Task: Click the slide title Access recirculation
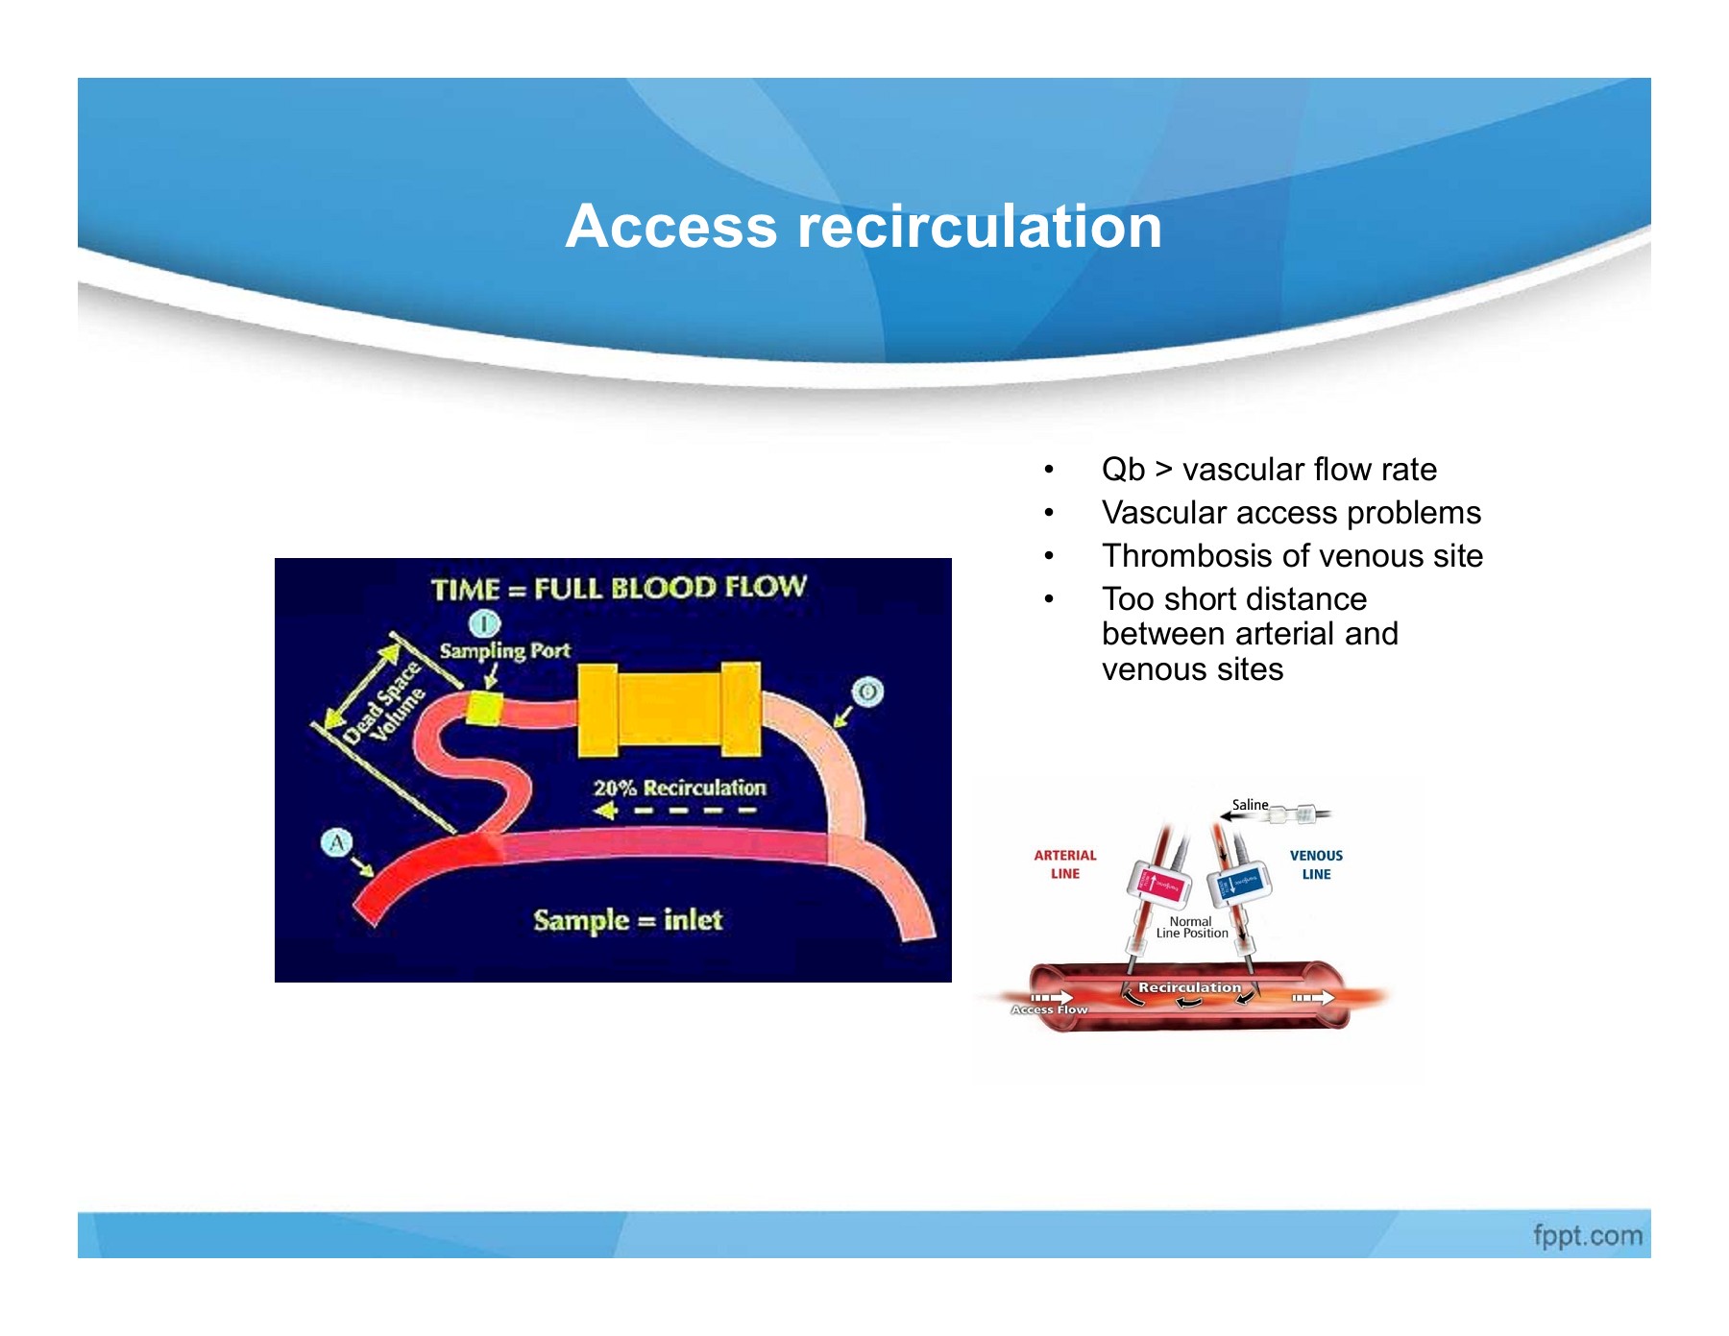coord(864,227)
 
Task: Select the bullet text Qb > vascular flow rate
coord(1268,469)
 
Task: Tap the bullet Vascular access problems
coord(1290,512)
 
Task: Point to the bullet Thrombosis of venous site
coord(1292,555)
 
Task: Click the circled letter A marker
coord(336,843)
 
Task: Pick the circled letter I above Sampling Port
coord(484,623)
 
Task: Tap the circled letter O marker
coord(866,692)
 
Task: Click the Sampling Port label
coord(504,650)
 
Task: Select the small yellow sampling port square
coord(484,709)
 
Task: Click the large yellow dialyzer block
coord(669,710)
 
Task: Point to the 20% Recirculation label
coord(679,789)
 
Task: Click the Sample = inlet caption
coord(627,920)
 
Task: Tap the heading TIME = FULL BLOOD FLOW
coord(618,588)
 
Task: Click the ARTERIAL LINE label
coord(1064,864)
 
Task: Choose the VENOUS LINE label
coord(1316,864)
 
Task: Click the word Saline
coord(1250,805)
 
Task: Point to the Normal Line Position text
coord(1191,927)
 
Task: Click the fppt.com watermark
coord(1587,1235)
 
